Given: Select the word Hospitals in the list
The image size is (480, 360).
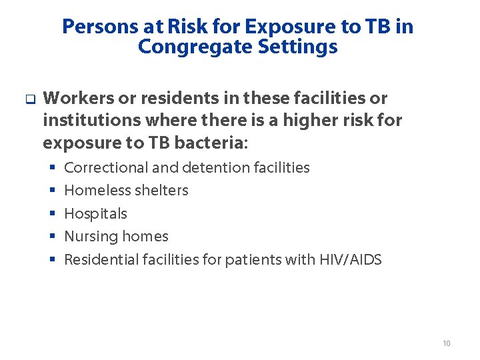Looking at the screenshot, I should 95,214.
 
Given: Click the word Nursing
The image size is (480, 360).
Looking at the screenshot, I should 88,237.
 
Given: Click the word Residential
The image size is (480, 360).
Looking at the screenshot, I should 101,260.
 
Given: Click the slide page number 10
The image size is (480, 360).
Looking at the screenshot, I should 447,343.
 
